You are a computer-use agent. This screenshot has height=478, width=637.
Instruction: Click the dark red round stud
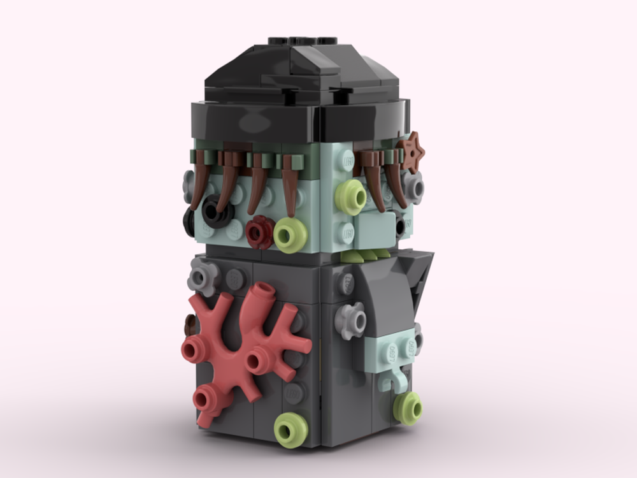coord(259,231)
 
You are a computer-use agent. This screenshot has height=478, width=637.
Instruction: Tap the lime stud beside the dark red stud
coord(291,234)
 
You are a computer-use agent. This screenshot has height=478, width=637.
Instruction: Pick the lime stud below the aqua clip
coord(408,407)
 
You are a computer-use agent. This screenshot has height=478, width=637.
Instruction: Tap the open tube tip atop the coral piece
coord(262,294)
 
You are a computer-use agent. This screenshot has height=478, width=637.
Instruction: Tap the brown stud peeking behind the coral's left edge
coord(189,327)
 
